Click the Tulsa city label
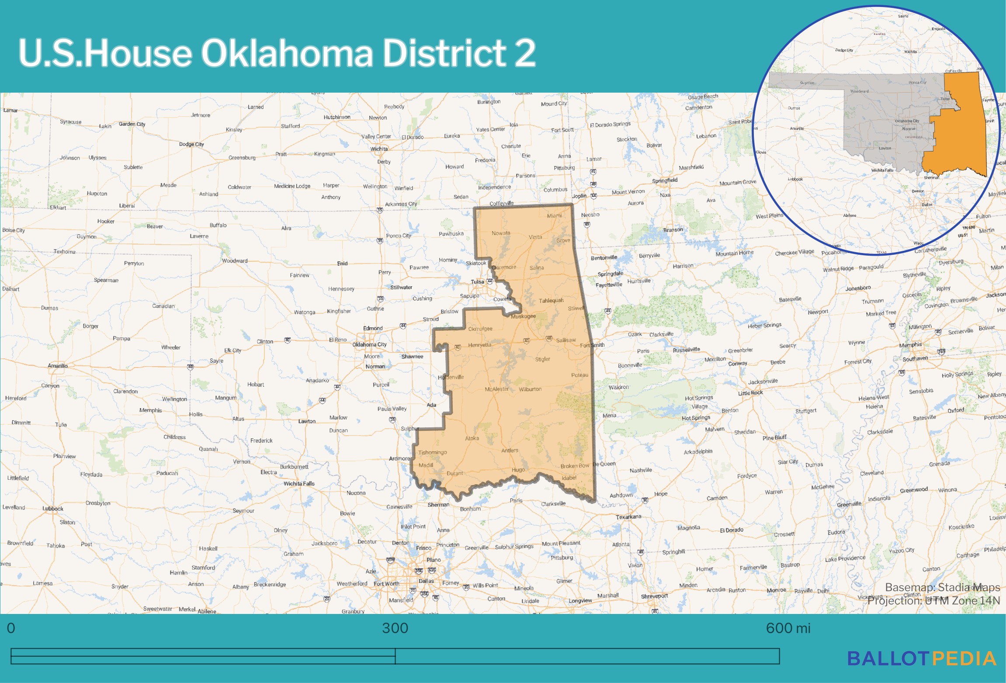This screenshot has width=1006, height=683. click(477, 282)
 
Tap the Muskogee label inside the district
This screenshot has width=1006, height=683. click(523, 316)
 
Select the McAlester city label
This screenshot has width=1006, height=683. click(497, 389)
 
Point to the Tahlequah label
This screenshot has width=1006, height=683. click(551, 300)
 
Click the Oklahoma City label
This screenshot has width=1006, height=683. click(369, 344)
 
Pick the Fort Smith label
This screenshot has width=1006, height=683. click(592, 345)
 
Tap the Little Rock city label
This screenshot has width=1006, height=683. click(750, 392)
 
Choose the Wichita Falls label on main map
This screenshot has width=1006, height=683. click(299, 483)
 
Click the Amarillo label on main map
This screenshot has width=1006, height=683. click(58, 366)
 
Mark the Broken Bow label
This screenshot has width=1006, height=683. click(575, 466)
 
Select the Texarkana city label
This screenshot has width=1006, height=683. click(628, 517)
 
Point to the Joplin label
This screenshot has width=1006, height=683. click(579, 196)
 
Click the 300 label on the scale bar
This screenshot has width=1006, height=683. click(395, 628)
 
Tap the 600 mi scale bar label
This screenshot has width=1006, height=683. click(788, 628)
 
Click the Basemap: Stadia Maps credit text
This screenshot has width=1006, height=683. click(942, 587)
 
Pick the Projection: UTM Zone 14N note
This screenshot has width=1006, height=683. click(933, 600)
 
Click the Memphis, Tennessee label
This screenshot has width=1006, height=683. click(910, 345)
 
